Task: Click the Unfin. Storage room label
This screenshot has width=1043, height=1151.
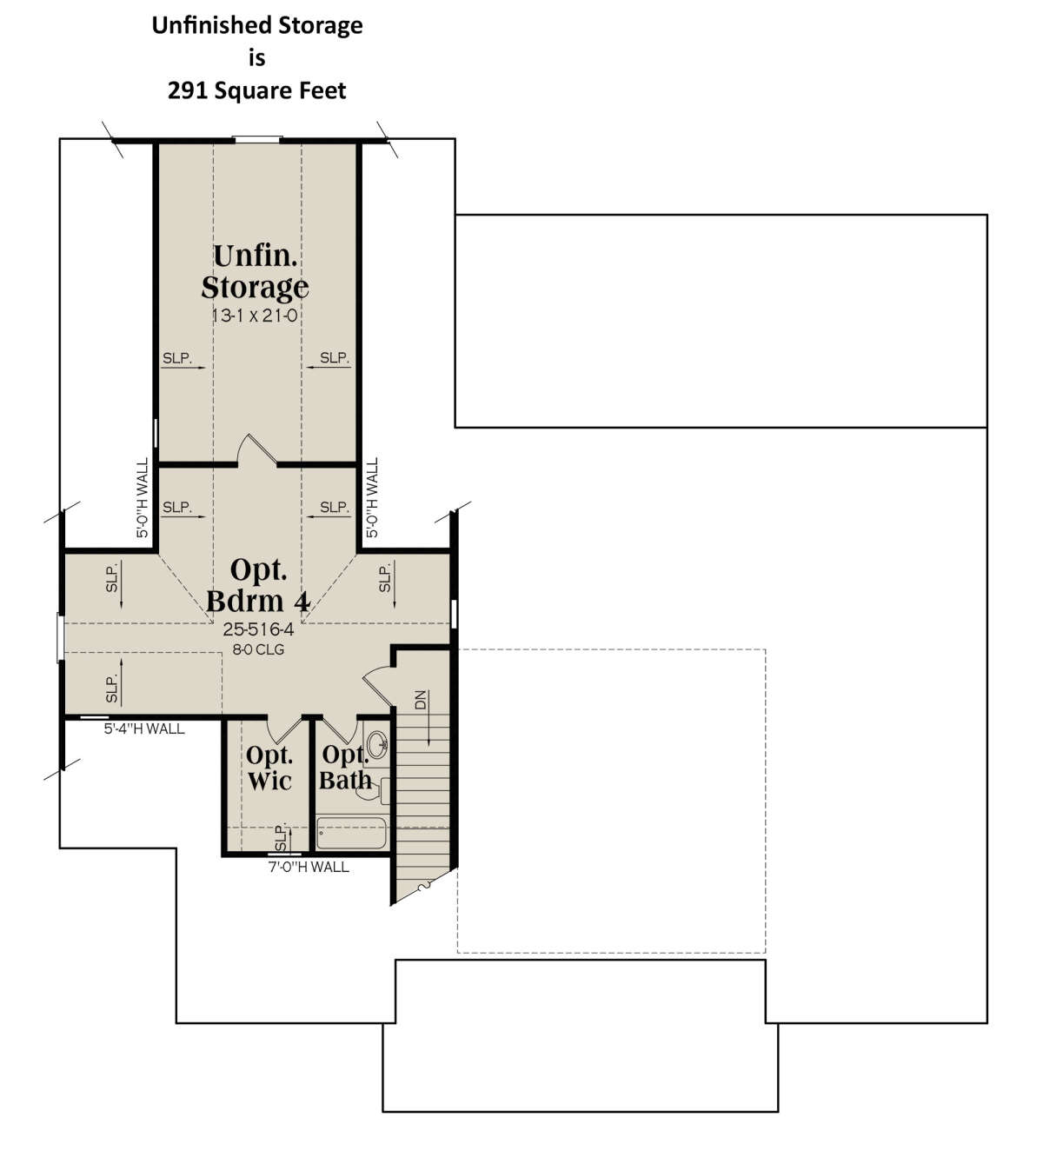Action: [255, 272]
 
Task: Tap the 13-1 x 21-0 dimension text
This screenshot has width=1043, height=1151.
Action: [255, 316]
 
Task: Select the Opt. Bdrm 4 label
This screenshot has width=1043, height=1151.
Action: [258, 586]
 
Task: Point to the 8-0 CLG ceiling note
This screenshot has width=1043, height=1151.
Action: [258, 649]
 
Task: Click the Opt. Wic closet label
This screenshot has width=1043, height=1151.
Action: [269, 768]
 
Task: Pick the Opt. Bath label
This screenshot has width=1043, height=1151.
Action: [345, 768]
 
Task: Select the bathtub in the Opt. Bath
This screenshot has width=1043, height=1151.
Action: [351, 833]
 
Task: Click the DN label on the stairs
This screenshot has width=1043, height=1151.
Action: [421, 700]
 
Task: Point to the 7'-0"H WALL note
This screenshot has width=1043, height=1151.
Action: [309, 867]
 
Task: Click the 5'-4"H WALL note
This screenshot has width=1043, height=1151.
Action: [144, 729]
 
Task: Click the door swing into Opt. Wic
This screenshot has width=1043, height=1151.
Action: [285, 729]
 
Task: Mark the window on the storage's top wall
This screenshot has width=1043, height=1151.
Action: [257, 139]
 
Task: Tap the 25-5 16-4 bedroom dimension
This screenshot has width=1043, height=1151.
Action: [258, 629]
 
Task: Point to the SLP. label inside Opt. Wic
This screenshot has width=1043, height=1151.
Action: [281, 838]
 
